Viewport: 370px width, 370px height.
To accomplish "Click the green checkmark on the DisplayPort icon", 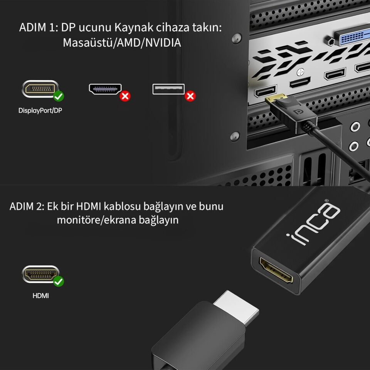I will [x=59, y=96].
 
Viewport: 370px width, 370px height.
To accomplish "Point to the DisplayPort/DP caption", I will [x=40, y=111].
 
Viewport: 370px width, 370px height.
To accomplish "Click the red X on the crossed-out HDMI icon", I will [x=125, y=96].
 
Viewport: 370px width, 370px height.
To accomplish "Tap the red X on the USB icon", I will [x=190, y=96].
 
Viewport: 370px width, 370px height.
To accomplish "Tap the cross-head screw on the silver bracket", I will [x=300, y=72].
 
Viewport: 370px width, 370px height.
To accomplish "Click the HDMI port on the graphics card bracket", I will [x=299, y=82].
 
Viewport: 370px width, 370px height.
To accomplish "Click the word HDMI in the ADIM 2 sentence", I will [x=89, y=206].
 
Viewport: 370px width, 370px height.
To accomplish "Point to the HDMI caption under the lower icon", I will [x=40, y=296].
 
